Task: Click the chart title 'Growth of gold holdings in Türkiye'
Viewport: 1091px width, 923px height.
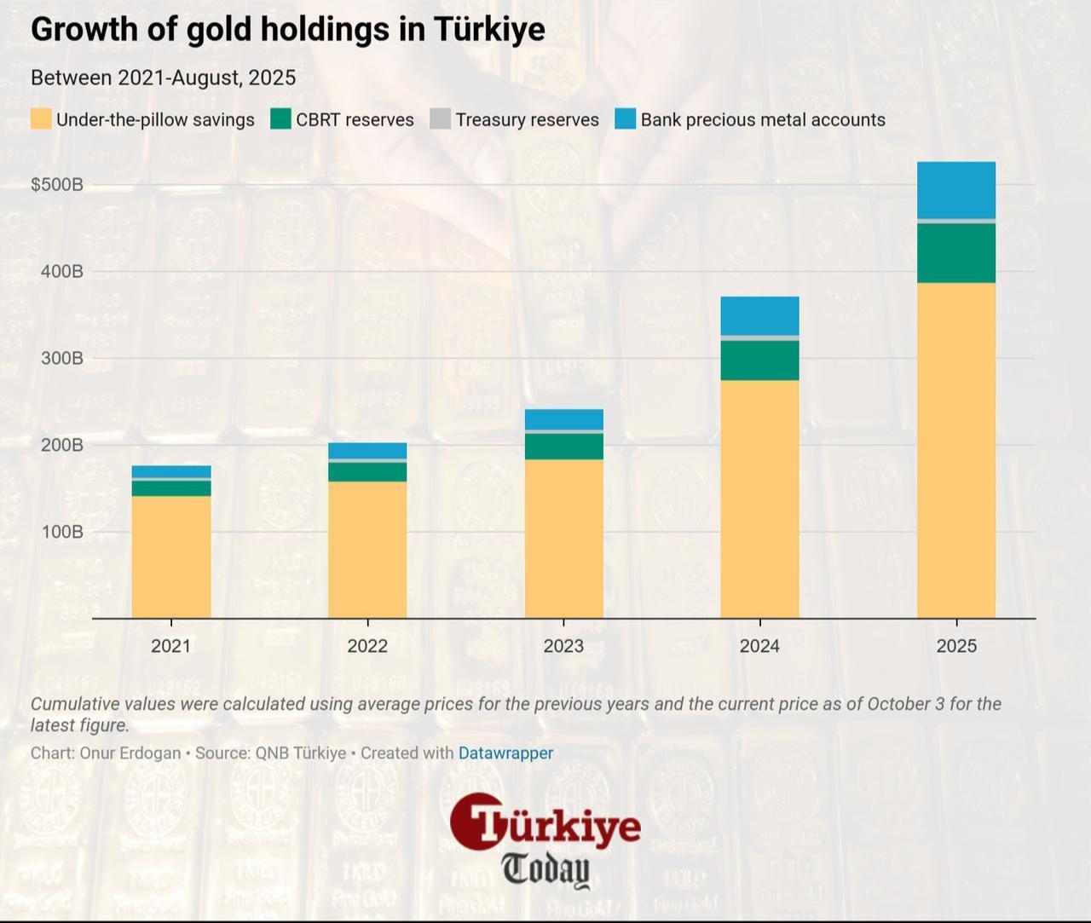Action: tap(287, 30)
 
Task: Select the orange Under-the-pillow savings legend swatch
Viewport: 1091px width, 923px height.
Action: tap(41, 119)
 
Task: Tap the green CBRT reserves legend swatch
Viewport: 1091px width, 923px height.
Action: tap(280, 119)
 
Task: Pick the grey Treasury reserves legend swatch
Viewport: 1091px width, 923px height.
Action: tap(440, 119)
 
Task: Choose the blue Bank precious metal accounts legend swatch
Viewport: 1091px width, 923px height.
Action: tap(626, 119)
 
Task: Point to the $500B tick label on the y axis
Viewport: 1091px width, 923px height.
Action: tap(57, 185)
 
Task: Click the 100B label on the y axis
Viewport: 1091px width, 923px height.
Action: tap(62, 532)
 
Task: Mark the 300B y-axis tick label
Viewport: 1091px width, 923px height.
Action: tap(62, 358)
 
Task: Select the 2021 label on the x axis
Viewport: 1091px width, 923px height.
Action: tap(171, 646)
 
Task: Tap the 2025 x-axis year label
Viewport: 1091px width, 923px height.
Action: tap(956, 646)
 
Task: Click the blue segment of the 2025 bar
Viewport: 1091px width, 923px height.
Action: tap(956, 190)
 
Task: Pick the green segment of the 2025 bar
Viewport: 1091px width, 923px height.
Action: tap(956, 253)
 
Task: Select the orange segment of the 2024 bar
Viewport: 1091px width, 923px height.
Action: tap(759, 499)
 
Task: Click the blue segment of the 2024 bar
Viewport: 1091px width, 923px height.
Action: tap(759, 315)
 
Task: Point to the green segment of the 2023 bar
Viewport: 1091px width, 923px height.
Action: tap(563, 447)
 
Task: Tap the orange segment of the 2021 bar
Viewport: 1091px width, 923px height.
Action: tap(171, 557)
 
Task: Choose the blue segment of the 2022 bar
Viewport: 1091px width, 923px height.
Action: tap(367, 451)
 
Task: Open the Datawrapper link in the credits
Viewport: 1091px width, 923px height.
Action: tap(505, 753)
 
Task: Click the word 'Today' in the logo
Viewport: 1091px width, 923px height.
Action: tap(545, 869)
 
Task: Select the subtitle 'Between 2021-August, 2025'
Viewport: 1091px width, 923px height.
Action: tap(163, 78)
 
